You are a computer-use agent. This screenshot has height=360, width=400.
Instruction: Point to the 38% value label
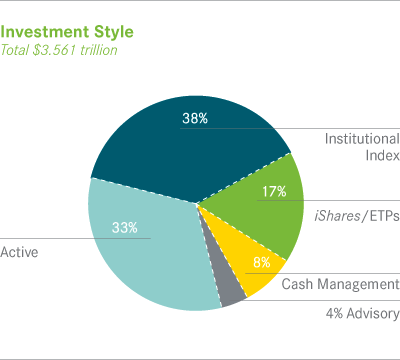pyautogui.click(x=195, y=118)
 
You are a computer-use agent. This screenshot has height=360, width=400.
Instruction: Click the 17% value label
pyautogui.click(x=274, y=190)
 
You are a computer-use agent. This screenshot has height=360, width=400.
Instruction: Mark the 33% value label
pyautogui.click(x=152, y=228)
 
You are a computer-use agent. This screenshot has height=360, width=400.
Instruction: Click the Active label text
pyautogui.click(x=19, y=252)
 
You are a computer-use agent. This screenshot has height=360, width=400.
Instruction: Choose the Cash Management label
pyautogui.click(x=339, y=285)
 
